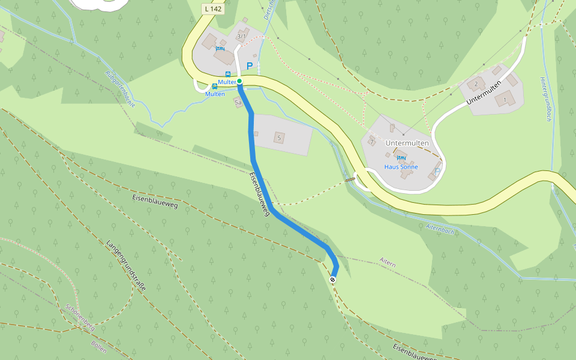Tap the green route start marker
[239, 81]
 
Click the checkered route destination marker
[332, 280]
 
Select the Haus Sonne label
[401, 167]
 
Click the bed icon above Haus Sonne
[401, 158]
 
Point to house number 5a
[238, 103]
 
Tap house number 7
[372, 142]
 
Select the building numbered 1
[505, 99]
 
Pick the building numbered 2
[476, 83]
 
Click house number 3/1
[241, 37]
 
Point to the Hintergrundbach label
[545, 99]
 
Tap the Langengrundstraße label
[127, 265]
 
